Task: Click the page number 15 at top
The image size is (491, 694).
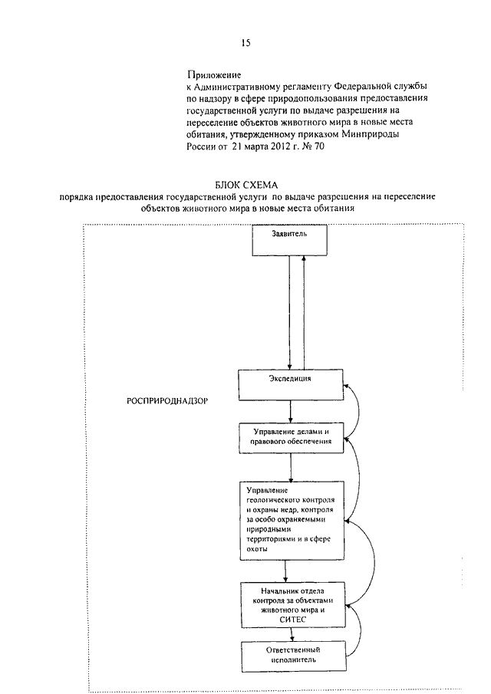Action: tap(246, 42)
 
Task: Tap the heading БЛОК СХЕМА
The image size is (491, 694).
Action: tap(246, 185)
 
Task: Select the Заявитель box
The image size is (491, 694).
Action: tap(289, 240)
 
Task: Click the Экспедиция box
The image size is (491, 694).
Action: tap(291, 385)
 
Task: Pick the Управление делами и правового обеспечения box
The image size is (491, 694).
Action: tap(292, 438)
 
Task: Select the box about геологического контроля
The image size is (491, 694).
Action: tap(292, 521)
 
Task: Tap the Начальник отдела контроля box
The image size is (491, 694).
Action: tap(292, 604)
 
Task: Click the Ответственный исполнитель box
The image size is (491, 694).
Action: tap(294, 656)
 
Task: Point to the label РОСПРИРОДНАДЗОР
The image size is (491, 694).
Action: tap(167, 401)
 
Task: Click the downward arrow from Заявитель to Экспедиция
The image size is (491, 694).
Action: tap(289, 312)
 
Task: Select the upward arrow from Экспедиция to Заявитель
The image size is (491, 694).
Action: tap(303, 312)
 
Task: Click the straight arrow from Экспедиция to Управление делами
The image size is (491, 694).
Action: tap(291, 412)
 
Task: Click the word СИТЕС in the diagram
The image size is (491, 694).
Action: tap(292, 620)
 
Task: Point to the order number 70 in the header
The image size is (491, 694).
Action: tap(319, 146)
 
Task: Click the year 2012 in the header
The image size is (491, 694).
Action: tap(276, 146)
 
